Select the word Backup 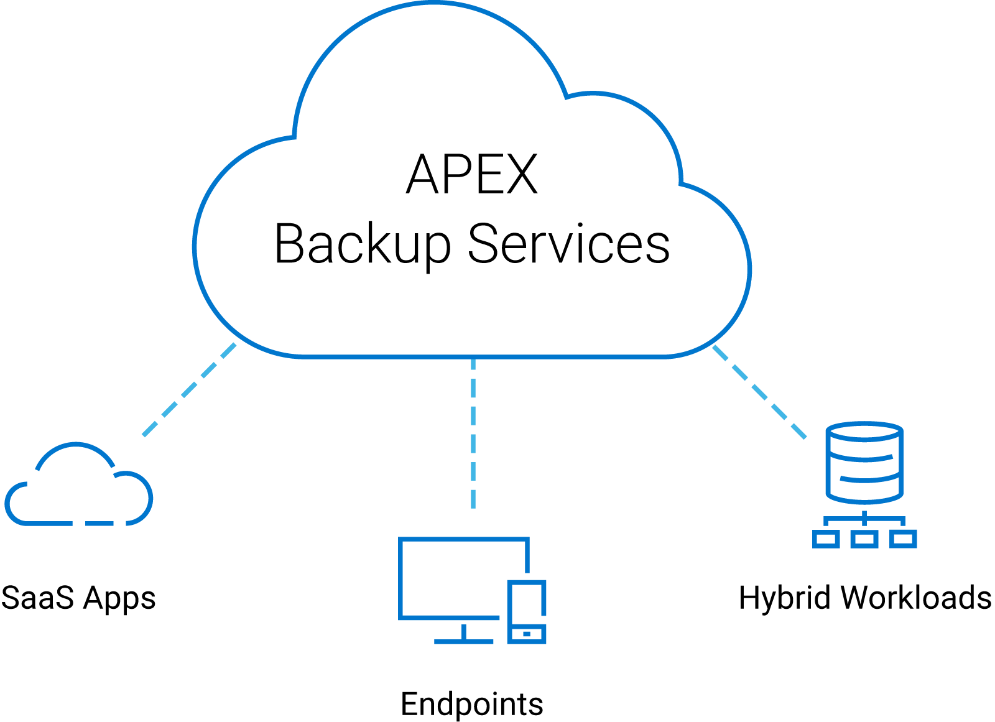[362, 244]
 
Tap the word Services [568, 244]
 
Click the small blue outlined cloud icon [79, 488]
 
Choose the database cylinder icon [864, 463]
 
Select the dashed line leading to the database [759, 392]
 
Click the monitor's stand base [463, 641]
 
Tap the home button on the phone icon [527, 634]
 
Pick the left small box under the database [826, 539]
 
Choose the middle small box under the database [864, 539]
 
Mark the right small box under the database [903, 539]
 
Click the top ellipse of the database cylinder [864, 432]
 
